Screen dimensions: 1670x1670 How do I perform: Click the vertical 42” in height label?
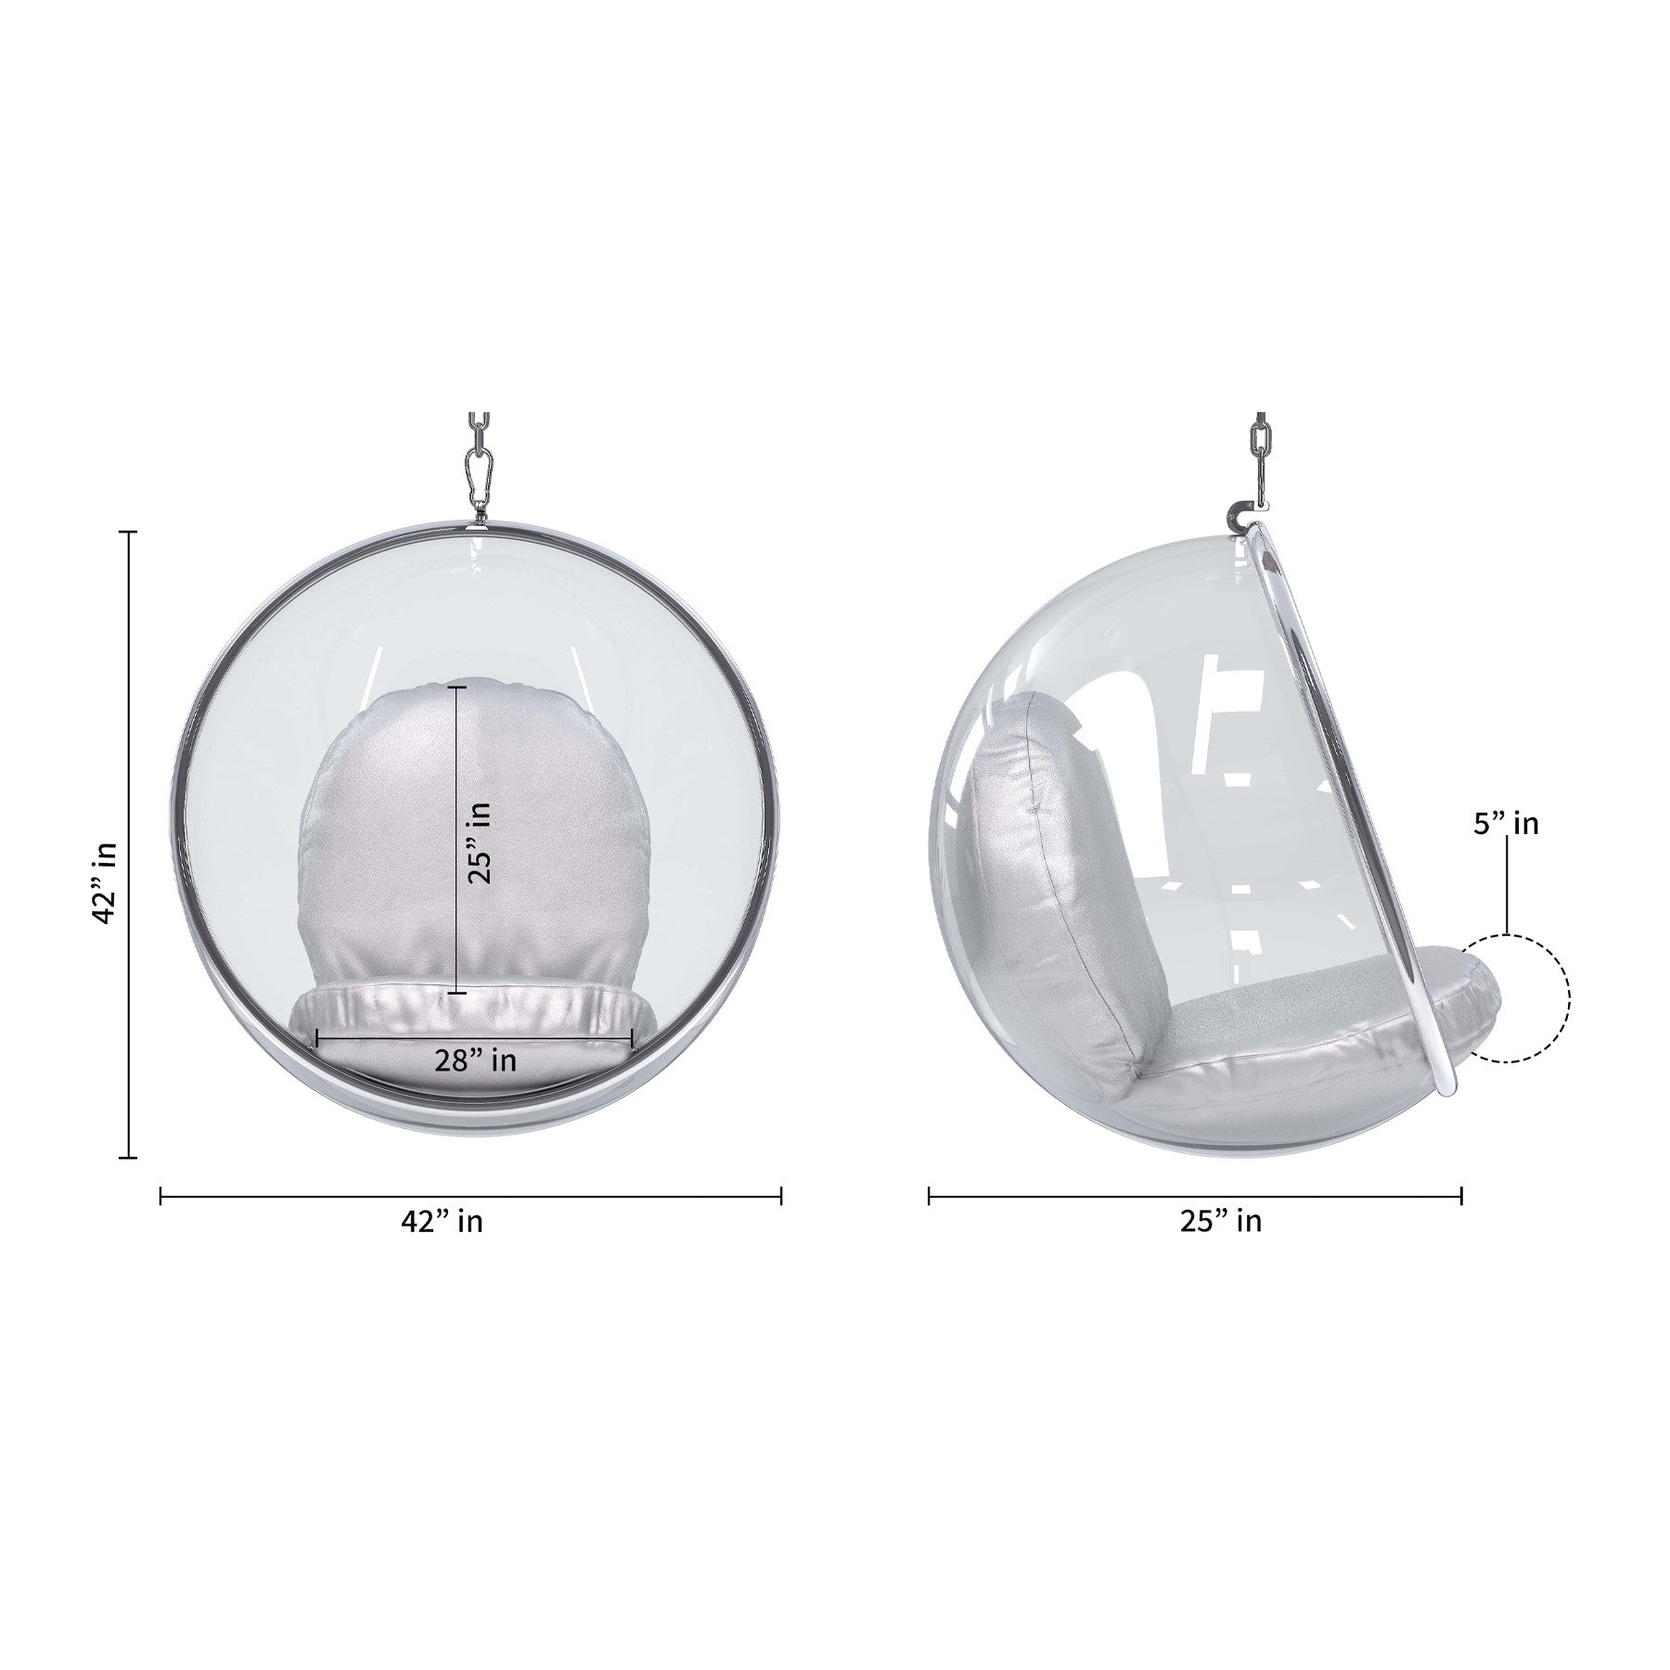105,882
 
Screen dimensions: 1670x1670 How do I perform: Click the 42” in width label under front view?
442,1221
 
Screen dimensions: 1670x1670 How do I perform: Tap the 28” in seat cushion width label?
475,1060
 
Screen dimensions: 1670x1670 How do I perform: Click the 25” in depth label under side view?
1221,1221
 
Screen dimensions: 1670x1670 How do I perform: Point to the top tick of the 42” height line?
129,532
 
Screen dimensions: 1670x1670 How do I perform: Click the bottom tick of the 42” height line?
129,1157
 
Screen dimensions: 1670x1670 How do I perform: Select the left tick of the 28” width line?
317,1038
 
